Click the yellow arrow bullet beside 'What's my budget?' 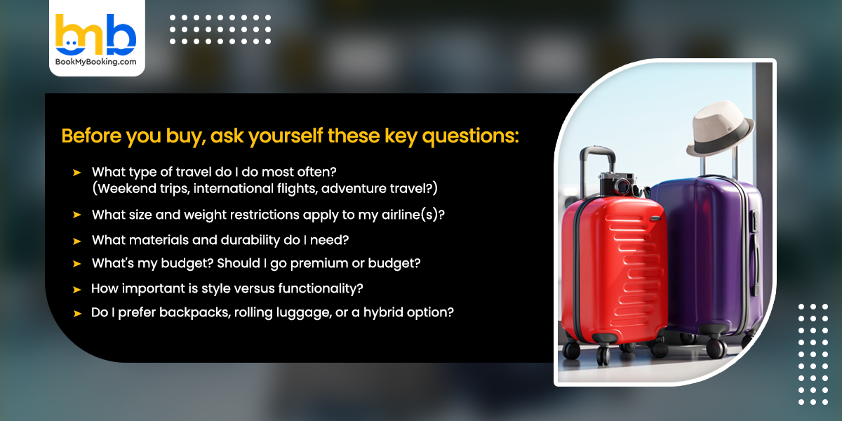click(76, 265)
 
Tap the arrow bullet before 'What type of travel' click(76, 172)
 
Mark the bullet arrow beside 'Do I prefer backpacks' click(76, 313)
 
